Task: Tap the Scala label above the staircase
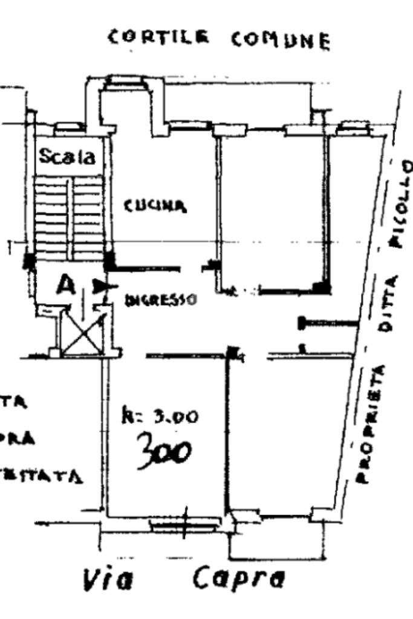coord(67,157)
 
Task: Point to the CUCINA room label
coord(155,206)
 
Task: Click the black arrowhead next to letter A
coord(100,285)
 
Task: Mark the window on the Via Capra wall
coord(185,527)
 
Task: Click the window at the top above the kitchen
coord(126,83)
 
